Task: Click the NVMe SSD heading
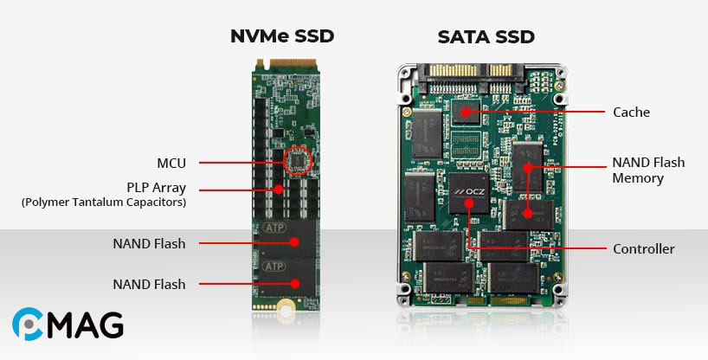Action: tap(282, 36)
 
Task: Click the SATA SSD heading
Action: tap(486, 37)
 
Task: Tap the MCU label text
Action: tap(171, 163)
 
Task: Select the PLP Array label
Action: tap(157, 188)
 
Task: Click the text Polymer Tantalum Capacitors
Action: tap(103, 202)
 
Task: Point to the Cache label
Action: tap(631, 112)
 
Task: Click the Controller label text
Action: tap(643, 249)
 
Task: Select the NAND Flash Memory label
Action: tap(648, 170)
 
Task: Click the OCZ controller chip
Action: tap(469, 193)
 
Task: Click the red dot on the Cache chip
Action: tap(465, 112)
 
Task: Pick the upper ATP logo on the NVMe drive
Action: tap(274, 228)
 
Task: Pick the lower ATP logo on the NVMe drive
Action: tap(274, 267)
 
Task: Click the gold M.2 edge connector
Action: tap(286, 63)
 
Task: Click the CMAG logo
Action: tap(68, 324)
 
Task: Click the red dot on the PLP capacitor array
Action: tap(279, 190)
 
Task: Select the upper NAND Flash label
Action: tap(149, 243)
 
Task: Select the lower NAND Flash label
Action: tap(149, 284)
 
